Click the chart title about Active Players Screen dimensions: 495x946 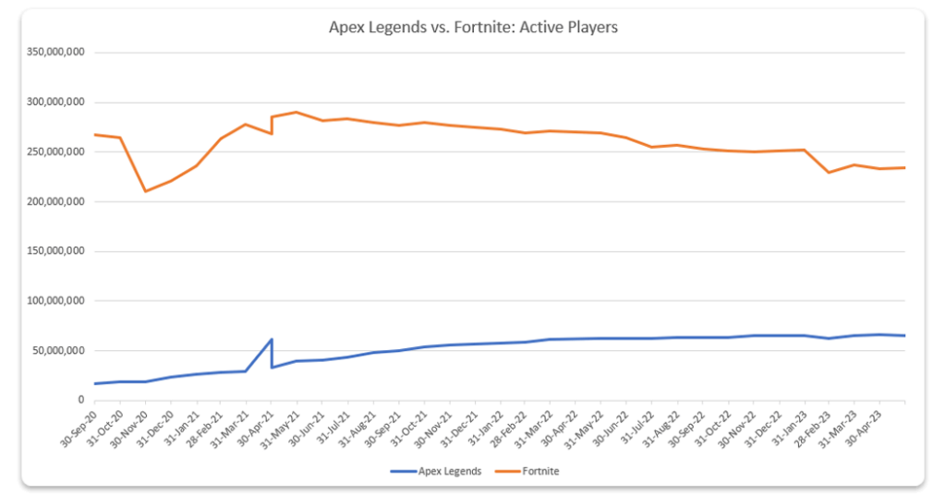click(x=473, y=28)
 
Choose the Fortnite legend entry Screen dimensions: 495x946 click(x=541, y=471)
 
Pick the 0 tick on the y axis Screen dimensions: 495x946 click(x=82, y=400)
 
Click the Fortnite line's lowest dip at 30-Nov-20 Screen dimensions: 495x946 click(x=145, y=191)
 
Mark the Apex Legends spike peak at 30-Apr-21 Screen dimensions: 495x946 click(x=272, y=339)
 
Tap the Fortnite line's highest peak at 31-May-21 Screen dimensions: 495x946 click(x=297, y=113)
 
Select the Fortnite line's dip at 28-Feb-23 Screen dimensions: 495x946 click(x=829, y=173)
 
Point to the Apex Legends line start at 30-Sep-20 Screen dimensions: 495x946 click(x=95, y=383)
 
